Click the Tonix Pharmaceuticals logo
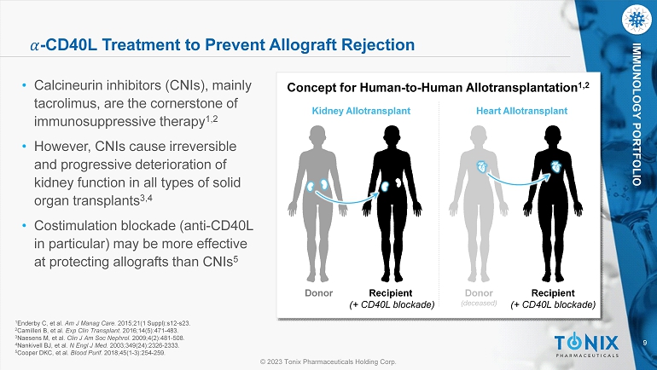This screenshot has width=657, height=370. (x=587, y=346)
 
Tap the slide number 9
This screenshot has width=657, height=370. (x=645, y=344)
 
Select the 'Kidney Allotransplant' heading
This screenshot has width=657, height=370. (x=361, y=111)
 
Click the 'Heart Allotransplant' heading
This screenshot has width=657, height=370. (x=521, y=111)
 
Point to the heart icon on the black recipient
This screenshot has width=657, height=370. (x=557, y=166)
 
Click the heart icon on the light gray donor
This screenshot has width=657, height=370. (x=482, y=166)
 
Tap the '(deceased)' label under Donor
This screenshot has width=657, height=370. (x=479, y=303)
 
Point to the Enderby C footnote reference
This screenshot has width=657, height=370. (x=103, y=323)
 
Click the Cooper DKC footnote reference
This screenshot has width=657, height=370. (x=90, y=353)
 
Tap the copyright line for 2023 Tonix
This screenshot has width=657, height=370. (x=328, y=361)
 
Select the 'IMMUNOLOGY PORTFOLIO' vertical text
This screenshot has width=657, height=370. (x=637, y=114)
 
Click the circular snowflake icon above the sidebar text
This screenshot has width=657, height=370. (x=637, y=20)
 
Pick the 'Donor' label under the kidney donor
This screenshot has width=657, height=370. (x=318, y=293)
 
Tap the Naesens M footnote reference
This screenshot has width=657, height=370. (x=100, y=338)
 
